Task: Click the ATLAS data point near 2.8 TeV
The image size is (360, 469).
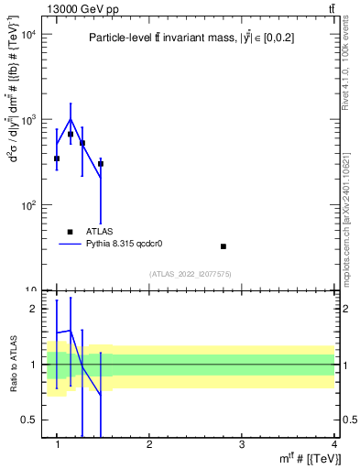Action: (x=224, y=246)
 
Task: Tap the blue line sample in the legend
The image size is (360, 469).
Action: (x=70, y=244)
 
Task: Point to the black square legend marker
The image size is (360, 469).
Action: (x=70, y=232)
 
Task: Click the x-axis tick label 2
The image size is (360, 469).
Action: (x=149, y=444)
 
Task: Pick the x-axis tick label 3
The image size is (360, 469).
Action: (x=242, y=444)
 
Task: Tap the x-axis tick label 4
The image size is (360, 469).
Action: (x=333, y=444)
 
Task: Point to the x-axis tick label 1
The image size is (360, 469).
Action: (x=58, y=444)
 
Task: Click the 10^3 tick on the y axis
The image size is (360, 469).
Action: (x=28, y=120)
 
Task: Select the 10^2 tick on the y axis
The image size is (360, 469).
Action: (x=28, y=205)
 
